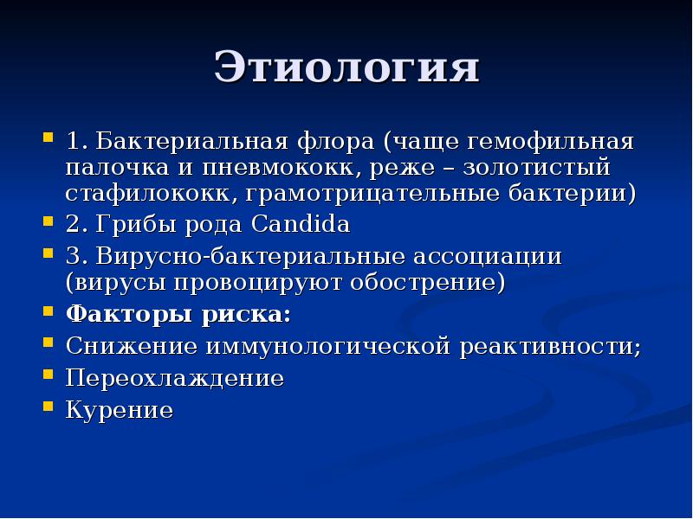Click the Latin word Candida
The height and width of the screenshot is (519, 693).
click(x=301, y=226)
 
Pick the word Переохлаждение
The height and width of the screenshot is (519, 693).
click(x=175, y=378)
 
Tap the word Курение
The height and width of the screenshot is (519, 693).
click(x=120, y=409)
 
